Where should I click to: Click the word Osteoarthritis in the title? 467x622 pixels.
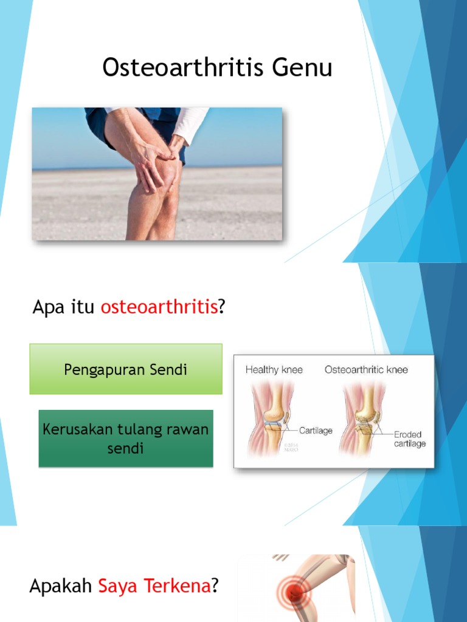coord(183,67)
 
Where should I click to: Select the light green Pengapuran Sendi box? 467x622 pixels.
coord(126,369)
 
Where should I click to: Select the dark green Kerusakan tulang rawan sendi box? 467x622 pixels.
coord(126,439)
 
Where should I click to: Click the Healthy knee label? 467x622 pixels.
coord(274,369)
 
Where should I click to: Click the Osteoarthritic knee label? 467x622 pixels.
coord(366,369)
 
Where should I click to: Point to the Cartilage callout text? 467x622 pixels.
coord(316,431)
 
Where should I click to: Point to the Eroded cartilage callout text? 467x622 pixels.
coord(409,439)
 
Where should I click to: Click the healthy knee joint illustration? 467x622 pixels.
coord(271,419)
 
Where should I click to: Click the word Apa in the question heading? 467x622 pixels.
coord(47,307)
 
